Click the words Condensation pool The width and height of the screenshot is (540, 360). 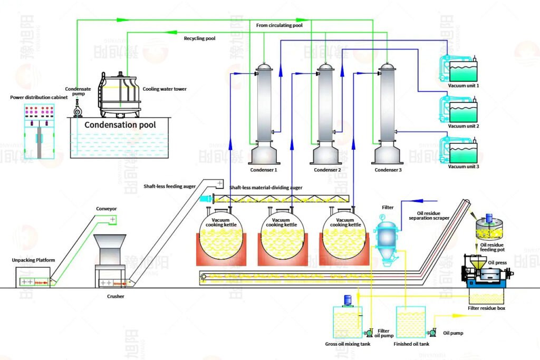tap(120, 125)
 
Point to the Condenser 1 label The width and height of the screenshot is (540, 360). tap(263, 170)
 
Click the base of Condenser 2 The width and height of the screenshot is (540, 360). tap(326, 153)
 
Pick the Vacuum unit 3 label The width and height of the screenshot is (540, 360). tap(464, 167)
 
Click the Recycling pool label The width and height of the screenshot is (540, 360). tap(199, 38)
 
